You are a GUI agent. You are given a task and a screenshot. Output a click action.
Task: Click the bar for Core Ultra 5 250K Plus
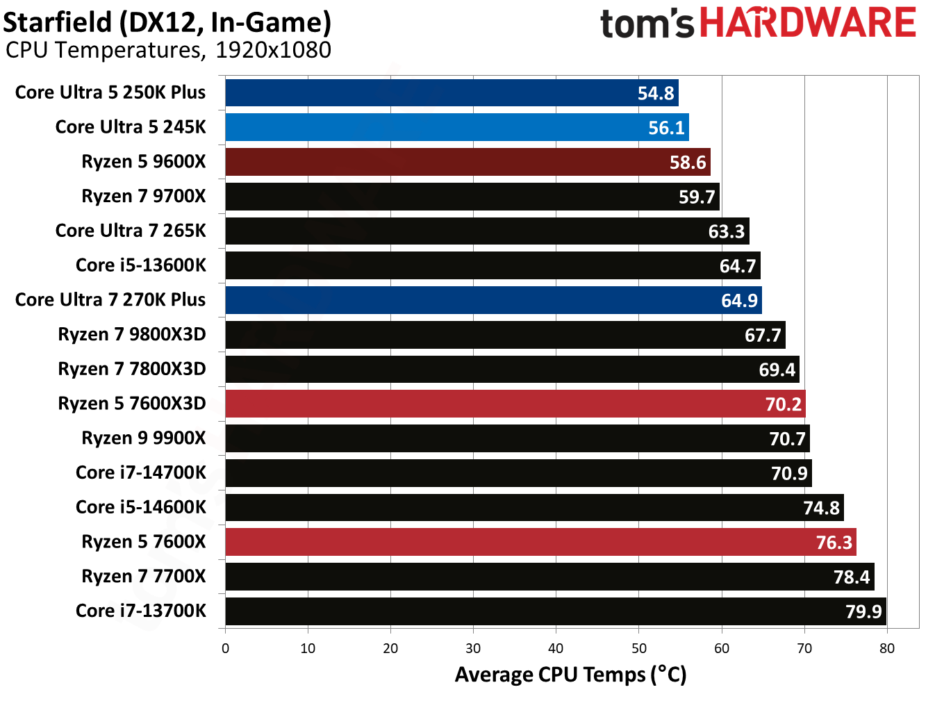(452, 93)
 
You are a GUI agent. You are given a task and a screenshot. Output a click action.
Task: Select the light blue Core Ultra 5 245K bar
(457, 128)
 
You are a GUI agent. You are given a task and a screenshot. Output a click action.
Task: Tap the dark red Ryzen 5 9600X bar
(467, 162)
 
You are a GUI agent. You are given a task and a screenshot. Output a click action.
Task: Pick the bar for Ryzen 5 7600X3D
(515, 404)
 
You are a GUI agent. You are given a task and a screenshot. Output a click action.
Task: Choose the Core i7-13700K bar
(555, 611)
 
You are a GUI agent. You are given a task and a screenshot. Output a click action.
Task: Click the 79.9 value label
(863, 611)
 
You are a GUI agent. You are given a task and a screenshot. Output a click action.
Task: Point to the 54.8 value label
(656, 93)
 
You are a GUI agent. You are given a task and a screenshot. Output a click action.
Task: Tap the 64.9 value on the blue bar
(739, 300)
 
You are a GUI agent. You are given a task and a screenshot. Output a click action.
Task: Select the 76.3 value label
(834, 543)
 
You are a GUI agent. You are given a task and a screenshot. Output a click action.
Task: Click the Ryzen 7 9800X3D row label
(132, 334)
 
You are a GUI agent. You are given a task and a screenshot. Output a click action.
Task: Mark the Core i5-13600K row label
(141, 265)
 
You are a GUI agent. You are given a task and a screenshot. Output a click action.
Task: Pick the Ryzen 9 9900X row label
(144, 438)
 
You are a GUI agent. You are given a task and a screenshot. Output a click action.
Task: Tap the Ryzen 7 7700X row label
(144, 577)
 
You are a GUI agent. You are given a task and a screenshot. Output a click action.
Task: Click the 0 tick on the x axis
(225, 648)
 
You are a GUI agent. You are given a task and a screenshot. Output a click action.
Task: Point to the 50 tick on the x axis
(638, 648)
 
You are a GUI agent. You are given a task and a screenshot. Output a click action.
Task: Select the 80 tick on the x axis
(887, 648)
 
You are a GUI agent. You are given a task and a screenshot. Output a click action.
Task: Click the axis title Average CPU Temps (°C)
(570, 675)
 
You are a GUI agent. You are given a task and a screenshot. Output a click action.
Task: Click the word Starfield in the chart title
(58, 22)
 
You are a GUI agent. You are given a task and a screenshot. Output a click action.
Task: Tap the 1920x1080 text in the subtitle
(273, 50)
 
